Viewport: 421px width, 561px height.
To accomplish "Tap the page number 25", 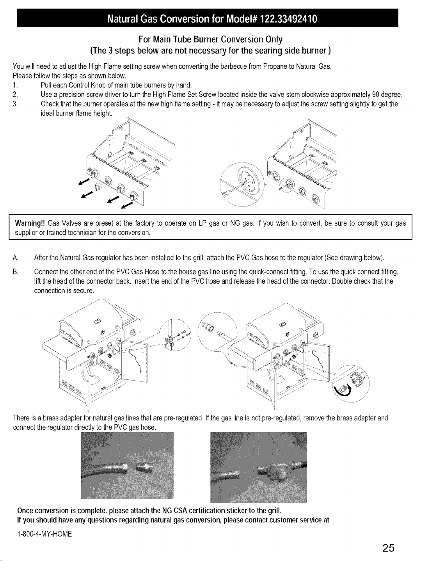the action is point(388,548).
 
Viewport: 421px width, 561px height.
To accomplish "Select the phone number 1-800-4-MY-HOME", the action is point(45,534).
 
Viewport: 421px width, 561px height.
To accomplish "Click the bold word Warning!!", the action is point(30,223).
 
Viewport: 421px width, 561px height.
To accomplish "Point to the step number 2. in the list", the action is point(15,94).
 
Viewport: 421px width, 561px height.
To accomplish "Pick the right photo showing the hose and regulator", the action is point(258,467).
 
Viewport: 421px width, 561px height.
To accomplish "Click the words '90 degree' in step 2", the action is point(387,94).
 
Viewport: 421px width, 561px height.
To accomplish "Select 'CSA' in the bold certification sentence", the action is point(180,511).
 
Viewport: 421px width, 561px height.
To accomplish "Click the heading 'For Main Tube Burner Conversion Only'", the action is point(211,39).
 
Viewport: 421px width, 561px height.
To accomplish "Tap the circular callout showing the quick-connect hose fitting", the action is point(217,332).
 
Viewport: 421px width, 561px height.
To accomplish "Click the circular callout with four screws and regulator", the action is point(175,335).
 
